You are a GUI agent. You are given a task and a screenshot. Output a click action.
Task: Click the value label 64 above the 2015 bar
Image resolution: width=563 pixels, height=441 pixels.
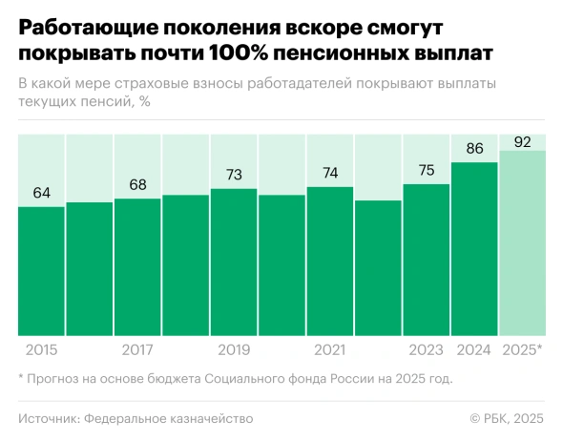(41, 193)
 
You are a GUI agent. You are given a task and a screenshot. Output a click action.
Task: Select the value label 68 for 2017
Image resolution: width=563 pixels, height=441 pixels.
(137, 185)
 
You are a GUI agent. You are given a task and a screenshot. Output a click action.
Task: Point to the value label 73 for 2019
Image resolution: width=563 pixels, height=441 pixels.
(234, 175)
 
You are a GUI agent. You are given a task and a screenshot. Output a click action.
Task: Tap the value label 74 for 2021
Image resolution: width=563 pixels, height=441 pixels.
(330, 173)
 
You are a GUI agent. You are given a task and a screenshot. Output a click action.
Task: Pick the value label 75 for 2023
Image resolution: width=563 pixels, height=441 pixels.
(427, 170)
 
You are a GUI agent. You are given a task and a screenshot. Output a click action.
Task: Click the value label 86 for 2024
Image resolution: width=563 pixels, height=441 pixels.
(474, 149)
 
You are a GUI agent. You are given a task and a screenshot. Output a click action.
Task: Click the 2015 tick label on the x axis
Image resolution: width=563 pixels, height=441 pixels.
(41, 349)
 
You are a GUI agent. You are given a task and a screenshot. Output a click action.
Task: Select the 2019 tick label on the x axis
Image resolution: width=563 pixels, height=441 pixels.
(234, 349)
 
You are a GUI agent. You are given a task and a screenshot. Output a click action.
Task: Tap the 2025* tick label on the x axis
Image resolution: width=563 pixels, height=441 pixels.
(522, 349)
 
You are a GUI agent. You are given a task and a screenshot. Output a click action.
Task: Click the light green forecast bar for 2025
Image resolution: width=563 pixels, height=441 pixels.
(522, 243)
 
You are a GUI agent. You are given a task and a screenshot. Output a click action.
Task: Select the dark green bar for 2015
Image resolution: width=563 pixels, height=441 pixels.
(41, 272)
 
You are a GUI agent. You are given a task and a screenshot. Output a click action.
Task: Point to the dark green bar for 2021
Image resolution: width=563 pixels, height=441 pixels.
(330, 262)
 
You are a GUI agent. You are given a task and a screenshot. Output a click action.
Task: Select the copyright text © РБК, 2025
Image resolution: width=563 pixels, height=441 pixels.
(507, 418)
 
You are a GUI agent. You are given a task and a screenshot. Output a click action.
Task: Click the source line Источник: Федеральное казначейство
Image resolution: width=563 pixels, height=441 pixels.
(135, 418)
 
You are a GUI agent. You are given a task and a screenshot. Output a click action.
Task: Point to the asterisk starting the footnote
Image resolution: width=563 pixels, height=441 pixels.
(21, 377)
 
